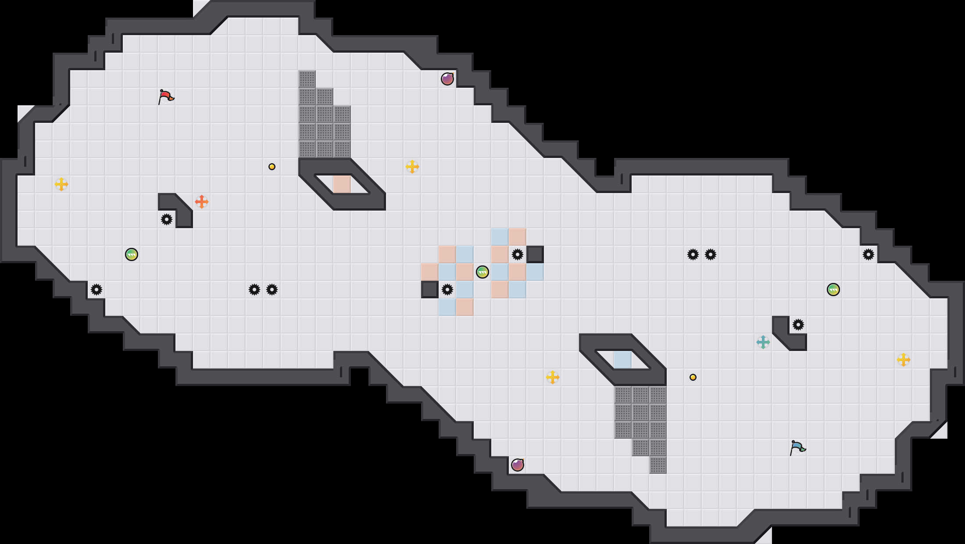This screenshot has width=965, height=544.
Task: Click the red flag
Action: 166,97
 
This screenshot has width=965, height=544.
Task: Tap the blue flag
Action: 797,447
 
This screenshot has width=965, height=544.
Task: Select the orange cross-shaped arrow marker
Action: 202,202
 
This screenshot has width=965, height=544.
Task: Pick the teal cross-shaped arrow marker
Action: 763,342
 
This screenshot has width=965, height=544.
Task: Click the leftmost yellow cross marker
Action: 61,184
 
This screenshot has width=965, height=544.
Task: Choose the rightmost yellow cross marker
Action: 904,360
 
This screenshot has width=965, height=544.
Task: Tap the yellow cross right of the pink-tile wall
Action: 412,167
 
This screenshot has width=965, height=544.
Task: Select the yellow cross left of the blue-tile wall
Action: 553,377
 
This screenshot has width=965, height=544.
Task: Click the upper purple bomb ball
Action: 447,79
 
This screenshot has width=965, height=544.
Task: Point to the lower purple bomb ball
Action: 518,465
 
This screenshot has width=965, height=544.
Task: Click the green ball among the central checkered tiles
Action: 482,272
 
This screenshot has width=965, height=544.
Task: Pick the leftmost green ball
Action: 132,254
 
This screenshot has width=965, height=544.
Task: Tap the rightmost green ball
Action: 833,290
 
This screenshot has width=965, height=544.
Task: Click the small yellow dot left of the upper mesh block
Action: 272,167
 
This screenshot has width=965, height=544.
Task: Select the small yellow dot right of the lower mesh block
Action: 693,377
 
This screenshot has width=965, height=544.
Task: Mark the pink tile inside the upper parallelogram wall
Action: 342,184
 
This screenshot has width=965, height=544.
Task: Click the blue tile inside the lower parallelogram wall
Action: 623,360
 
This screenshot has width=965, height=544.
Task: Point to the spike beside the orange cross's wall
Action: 167,219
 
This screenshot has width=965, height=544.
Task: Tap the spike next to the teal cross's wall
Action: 798,325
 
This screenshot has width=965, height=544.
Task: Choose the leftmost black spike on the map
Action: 96,290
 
